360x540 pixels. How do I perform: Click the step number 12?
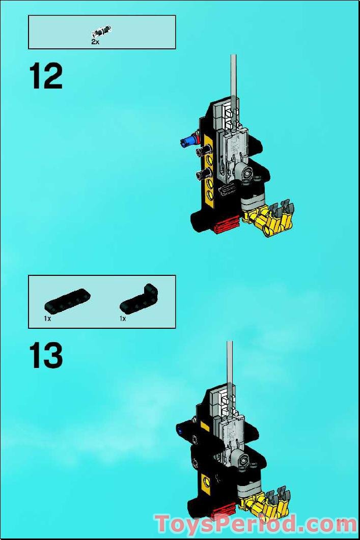click(46, 77)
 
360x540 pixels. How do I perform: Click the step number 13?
click(46, 356)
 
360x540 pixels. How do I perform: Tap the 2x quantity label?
click(95, 42)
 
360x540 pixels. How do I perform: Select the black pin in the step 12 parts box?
click(102, 32)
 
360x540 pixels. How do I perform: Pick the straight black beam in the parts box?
click(68, 300)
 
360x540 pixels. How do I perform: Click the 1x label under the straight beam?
click(47, 319)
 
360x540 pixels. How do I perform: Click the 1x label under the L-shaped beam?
click(123, 319)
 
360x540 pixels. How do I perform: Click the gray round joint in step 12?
click(248, 174)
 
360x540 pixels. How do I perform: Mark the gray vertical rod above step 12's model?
click(233, 76)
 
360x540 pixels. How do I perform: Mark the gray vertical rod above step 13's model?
click(230, 361)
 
